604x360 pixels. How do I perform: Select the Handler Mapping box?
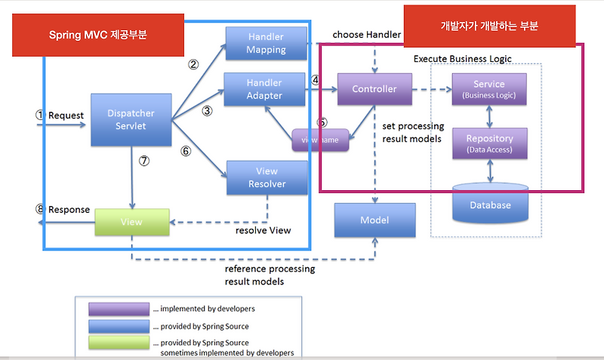[x=266, y=44]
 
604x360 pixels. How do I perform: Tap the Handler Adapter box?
[x=264, y=88]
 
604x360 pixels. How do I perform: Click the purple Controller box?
[x=374, y=89]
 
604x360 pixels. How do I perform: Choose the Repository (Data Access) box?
[x=489, y=143]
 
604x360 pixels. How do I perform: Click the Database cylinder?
[x=490, y=204]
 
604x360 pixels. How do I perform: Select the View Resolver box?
[x=267, y=178]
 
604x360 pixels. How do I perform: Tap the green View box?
[x=131, y=222]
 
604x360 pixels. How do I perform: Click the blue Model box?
[x=374, y=220]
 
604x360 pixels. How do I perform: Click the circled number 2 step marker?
[x=193, y=65]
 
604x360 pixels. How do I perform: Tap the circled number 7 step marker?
[x=144, y=161]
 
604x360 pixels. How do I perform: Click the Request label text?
[x=65, y=115]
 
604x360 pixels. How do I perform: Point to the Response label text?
[x=69, y=209]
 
